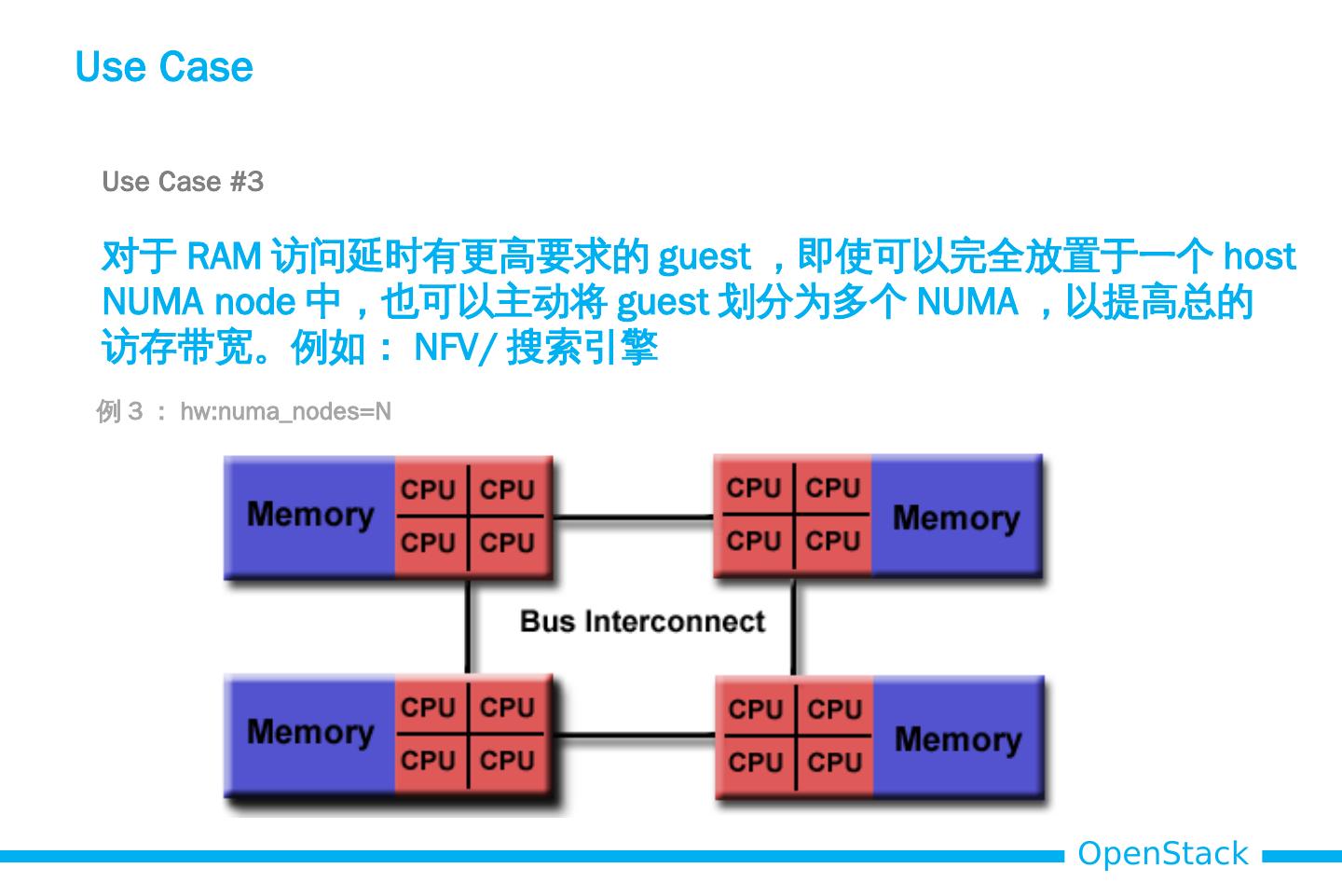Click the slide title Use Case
click(164, 67)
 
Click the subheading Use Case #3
click(183, 182)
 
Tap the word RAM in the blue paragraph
click(224, 256)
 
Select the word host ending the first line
click(1259, 256)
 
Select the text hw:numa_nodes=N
click(285, 411)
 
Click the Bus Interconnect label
click(642, 621)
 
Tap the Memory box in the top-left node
click(309, 515)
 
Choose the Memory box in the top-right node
click(956, 518)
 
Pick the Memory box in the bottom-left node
click(309, 733)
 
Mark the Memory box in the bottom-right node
click(958, 739)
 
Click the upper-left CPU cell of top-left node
click(428, 489)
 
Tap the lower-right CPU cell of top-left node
click(507, 542)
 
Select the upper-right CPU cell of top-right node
click(832, 488)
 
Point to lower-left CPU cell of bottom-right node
click(755, 762)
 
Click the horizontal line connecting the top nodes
click(634, 517)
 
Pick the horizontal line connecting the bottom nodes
click(634, 736)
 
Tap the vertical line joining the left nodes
click(468, 627)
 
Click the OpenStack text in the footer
click(1162, 854)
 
